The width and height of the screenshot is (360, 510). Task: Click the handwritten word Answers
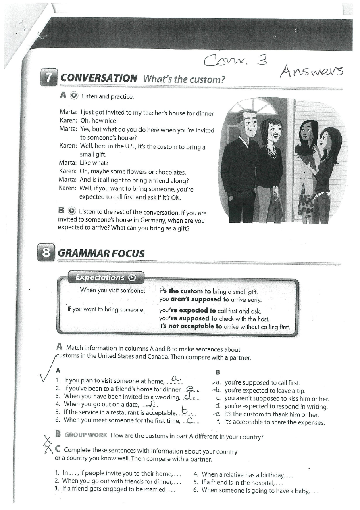point(311,71)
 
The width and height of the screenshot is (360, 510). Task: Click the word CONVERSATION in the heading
point(99,78)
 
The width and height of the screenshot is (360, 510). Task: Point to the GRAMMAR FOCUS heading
point(101,253)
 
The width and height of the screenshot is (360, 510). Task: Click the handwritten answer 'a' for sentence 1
point(176,378)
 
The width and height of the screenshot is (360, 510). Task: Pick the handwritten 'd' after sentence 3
point(187,396)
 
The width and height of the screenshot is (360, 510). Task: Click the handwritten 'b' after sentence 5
point(185,411)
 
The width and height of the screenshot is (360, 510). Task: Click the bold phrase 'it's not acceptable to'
point(191,326)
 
